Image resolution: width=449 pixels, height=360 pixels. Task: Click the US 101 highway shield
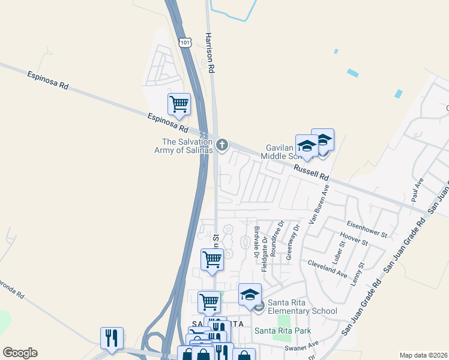click(185, 43)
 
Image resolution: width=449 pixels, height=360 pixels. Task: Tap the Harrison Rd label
click(210, 53)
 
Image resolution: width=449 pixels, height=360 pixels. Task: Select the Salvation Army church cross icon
click(222, 144)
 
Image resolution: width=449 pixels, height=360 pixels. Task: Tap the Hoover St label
click(354, 239)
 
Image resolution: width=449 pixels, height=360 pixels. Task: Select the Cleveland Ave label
click(327, 268)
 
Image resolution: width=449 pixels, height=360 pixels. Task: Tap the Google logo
click(20, 352)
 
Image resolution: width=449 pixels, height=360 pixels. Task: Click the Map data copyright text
click(423, 355)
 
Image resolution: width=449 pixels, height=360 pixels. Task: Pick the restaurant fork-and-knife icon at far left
click(112, 338)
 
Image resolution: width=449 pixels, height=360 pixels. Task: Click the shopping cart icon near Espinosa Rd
click(179, 104)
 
